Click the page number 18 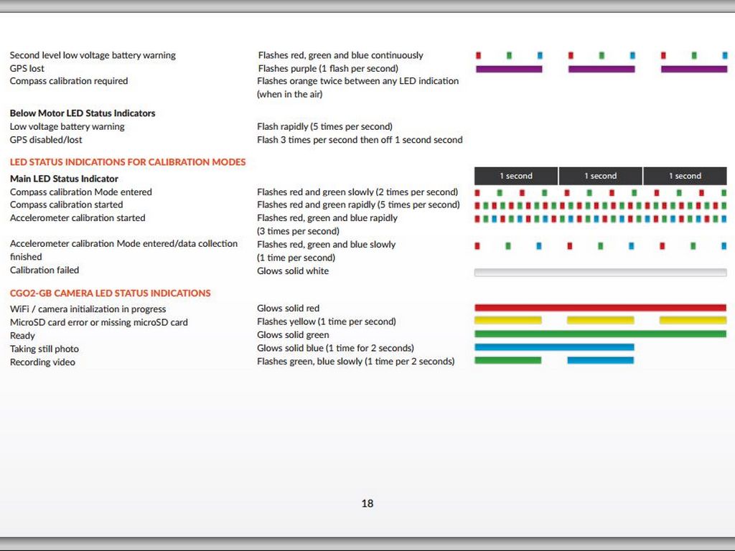click(367, 504)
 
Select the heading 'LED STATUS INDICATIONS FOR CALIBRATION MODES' click(128, 162)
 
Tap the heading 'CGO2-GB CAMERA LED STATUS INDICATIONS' click(110, 293)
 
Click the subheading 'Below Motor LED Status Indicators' click(83, 113)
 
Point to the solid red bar click(600, 308)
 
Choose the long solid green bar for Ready click(600, 334)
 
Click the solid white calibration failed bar click(600, 273)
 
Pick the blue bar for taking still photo click(554, 347)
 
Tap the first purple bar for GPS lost click(509, 69)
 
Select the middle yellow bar click(600, 320)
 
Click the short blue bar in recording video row click(600, 360)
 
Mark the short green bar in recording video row click(507, 360)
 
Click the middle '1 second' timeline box click(600, 176)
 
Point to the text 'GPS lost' click(27, 68)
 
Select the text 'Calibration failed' click(45, 270)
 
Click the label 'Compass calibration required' click(69, 81)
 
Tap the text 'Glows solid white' click(293, 271)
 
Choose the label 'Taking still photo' click(45, 349)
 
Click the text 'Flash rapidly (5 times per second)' click(324, 127)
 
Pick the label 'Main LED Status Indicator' click(64, 179)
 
